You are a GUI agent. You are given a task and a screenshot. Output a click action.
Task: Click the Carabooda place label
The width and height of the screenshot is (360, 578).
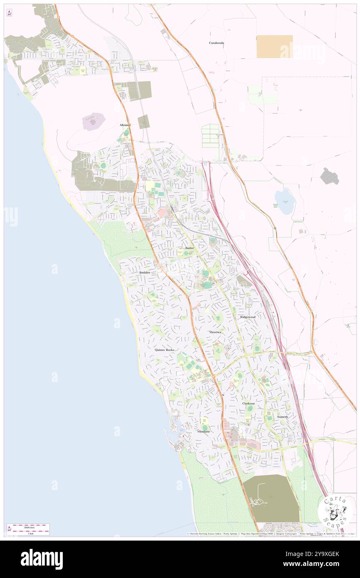216,43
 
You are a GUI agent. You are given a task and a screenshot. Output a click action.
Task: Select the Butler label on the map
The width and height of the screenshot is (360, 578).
190,248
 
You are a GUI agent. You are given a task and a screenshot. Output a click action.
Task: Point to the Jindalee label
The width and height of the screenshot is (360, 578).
145,272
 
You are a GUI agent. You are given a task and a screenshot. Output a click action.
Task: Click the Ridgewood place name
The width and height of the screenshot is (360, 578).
247,317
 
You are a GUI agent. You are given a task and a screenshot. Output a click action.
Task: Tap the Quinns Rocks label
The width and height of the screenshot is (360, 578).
165,350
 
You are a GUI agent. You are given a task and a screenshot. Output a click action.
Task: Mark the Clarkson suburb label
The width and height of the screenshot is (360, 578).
249,403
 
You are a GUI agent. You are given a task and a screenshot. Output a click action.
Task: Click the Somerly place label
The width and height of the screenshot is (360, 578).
283,417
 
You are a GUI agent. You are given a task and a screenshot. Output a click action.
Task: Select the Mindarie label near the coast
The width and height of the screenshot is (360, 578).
203,432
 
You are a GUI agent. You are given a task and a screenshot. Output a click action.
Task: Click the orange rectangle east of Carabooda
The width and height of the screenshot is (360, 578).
274,47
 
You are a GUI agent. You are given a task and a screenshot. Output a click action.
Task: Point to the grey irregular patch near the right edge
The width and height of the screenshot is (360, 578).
330,176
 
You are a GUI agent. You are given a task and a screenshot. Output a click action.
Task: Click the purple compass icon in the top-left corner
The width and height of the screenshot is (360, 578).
10,13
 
